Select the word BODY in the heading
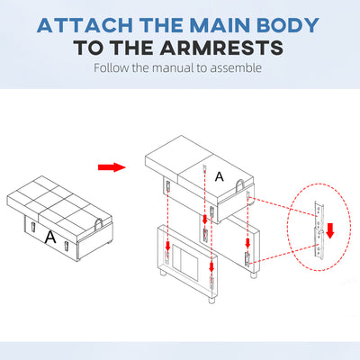288,25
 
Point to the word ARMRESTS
221,48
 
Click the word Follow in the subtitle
112,67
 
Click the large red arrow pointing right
112,167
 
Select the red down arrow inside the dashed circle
330,230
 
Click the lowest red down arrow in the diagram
211,266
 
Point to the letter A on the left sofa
50,237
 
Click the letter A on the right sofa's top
220,176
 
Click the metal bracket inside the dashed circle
319,229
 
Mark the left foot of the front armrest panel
162,273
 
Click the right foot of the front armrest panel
212,300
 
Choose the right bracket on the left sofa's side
66,246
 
